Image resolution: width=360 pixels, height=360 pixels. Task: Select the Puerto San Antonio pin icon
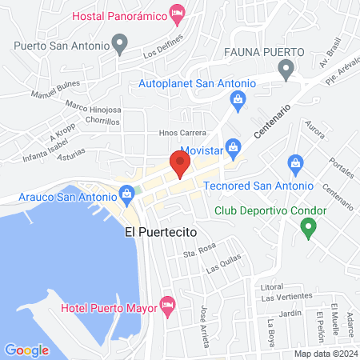[120, 42]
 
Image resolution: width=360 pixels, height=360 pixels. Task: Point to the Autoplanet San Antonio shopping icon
[237, 98]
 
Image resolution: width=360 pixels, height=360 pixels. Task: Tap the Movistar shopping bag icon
[233, 146]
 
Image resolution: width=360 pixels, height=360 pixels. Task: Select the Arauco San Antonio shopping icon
[126, 193]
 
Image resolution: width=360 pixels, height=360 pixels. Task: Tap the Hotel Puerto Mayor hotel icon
[167, 305]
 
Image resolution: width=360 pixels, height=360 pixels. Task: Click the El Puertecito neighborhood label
[161, 233]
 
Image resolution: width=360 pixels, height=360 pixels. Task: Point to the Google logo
[26, 350]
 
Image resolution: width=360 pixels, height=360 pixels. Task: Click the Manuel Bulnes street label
[34, 93]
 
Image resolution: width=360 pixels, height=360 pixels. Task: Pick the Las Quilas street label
[224, 270]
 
